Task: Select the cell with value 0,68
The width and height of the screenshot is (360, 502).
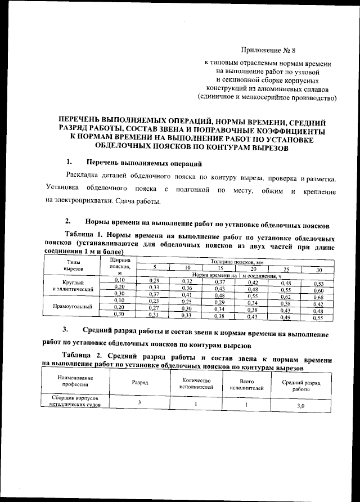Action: click(x=318, y=297)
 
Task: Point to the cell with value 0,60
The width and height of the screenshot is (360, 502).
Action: click(x=318, y=290)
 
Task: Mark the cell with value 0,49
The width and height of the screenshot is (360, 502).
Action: click(x=286, y=317)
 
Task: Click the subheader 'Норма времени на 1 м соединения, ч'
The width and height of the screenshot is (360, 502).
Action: click(x=236, y=275)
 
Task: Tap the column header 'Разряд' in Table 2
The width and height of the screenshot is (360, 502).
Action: click(x=141, y=382)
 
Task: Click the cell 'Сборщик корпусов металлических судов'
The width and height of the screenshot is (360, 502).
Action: click(x=73, y=401)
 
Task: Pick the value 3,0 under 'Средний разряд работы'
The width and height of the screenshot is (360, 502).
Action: click(x=300, y=405)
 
